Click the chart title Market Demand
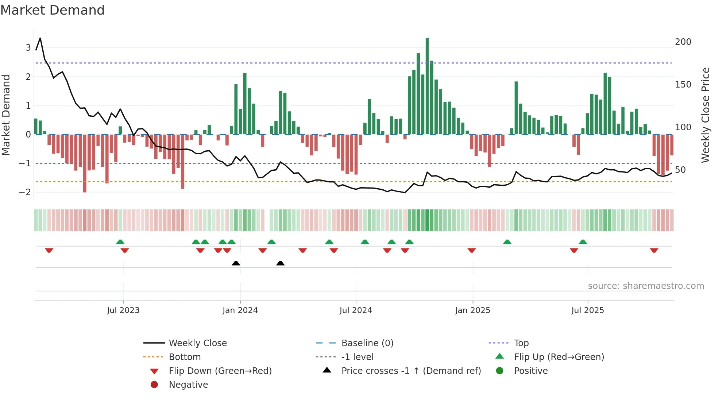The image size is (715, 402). coord(53,10)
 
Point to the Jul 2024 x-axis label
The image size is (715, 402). coord(356,310)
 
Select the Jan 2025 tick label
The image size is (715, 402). coord(472,310)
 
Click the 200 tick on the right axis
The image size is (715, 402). coord(683,42)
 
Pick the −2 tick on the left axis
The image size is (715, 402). coord(25,192)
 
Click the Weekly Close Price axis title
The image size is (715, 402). coord(706,115)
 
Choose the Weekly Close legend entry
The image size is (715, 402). coord(197,343)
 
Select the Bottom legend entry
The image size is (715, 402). coord(185,357)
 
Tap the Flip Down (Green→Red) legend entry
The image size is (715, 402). coord(220,371)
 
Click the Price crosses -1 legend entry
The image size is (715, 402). coord(411,371)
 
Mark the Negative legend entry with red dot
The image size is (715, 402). coord(188,385)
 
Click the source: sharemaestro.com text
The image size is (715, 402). coord(646,286)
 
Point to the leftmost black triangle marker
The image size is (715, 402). coord(236,263)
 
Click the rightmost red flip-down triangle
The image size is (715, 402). coord(654,250)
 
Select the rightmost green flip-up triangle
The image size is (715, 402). coord(583,242)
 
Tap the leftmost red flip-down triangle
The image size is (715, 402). coord(49,250)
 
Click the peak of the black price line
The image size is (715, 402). coord(40,38)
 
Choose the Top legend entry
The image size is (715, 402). coord(521,343)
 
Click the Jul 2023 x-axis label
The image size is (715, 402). coord(123,310)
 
